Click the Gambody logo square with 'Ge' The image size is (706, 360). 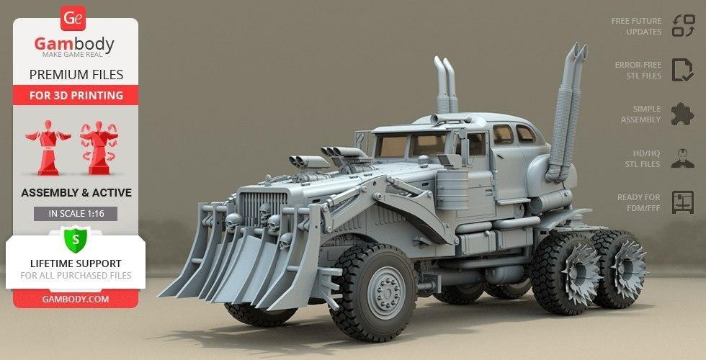(x=74, y=18)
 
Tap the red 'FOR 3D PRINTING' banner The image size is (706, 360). (x=76, y=95)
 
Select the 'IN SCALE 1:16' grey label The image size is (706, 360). (x=75, y=214)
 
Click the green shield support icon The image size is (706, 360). (x=75, y=238)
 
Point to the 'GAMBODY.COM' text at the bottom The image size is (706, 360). (x=75, y=297)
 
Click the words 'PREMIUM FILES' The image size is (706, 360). (x=76, y=75)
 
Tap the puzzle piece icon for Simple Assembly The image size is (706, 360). (x=682, y=114)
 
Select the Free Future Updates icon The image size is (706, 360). (x=682, y=26)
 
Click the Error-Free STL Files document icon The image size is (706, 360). (x=682, y=70)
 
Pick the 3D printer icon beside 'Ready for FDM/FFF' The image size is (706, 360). (x=682, y=202)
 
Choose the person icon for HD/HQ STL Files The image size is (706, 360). (x=682, y=158)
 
